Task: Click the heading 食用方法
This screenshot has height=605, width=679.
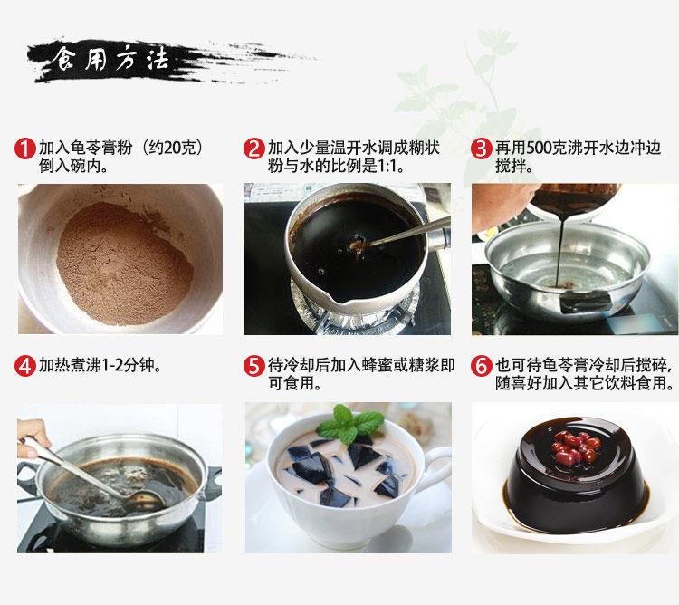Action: (110, 61)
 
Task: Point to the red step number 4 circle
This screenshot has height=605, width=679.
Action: (26, 366)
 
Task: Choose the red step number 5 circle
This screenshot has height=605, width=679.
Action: (254, 366)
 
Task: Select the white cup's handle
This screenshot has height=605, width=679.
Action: (436, 472)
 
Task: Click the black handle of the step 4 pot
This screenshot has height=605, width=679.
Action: (212, 480)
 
